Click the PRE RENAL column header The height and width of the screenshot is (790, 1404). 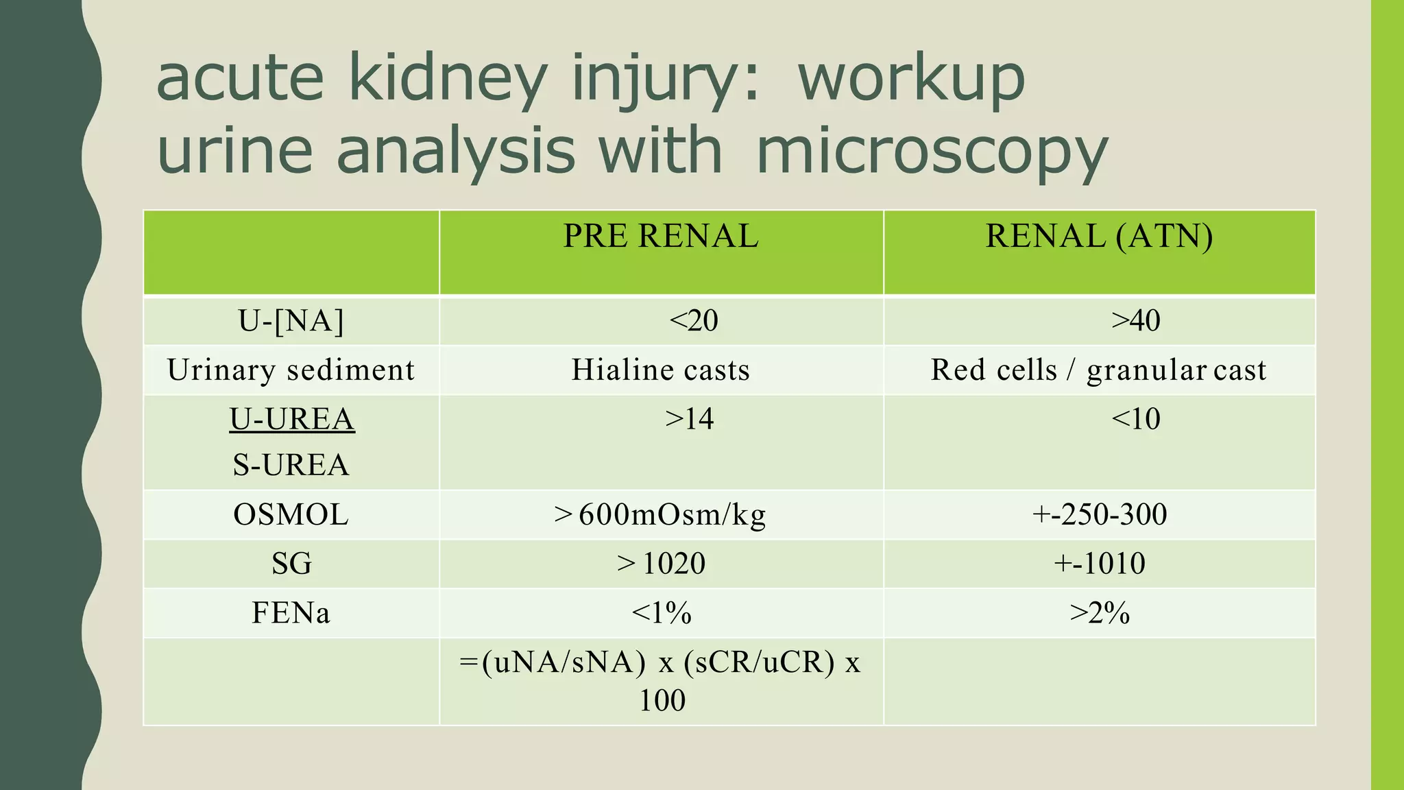click(661, 237)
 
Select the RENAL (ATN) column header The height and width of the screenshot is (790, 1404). click(1099, 237)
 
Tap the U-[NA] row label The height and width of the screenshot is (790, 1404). click(291, 321)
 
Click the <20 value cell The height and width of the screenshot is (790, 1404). click(693, 321)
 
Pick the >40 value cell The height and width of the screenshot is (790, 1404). click(1135, 321)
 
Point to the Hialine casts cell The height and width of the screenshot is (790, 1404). click(661, 370)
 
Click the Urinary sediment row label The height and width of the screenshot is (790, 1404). click(291, 370)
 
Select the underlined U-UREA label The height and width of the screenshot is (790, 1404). click(292, 419)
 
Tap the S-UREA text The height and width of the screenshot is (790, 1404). click(291, 465)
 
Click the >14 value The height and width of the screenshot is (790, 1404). click(689, 419)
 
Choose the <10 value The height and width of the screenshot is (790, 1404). click(1135, 419)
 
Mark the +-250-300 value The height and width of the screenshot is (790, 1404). click(1099, 514)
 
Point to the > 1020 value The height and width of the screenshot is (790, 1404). click(661, 564)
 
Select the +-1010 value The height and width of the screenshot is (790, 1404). click(1099, 564)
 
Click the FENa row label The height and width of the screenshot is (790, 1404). click(291, 613)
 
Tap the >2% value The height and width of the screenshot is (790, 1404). click(1099, 613)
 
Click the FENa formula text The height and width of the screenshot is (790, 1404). click(660, 680)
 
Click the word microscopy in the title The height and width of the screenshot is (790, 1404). click(932, 152)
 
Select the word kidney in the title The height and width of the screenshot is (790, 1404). click(448, 80)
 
